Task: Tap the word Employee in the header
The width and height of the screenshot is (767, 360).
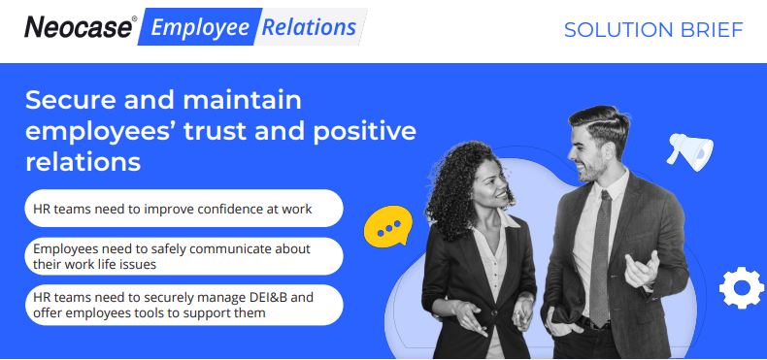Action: (x=200, y=28)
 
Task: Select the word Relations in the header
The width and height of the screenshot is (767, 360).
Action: (x=309, y=27)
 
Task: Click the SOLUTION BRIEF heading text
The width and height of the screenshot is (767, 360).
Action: (x=653, y=30)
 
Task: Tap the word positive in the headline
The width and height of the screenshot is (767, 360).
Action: (x=365, y=132)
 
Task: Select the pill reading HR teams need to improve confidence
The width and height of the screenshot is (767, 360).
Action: (x=183, y=209)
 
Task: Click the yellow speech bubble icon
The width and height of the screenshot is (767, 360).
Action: (x=388, y=226)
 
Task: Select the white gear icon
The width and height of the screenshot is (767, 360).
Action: (x=741, y=287)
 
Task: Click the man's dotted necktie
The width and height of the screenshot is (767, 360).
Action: (x=601, y=259)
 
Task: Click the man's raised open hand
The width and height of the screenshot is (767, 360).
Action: (x=642, y=269)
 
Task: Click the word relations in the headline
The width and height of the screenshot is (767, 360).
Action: (x=83, y=161)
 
